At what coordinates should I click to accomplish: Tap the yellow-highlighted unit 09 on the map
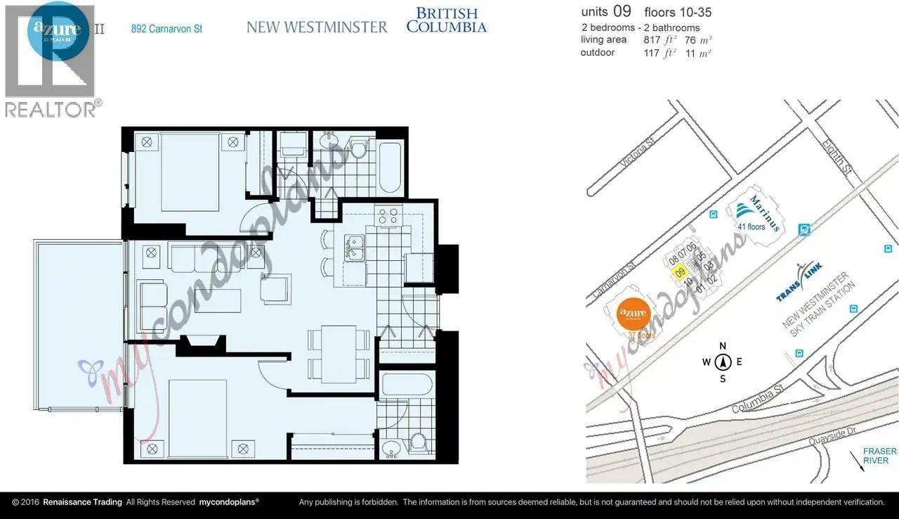(679, 274)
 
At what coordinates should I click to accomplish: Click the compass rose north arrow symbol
(723, 362)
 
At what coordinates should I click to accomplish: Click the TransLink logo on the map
(800, 282)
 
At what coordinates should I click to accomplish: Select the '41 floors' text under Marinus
(751, 226)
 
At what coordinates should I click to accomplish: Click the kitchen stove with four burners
(388, 216)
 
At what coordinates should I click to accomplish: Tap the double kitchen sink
(355, 247)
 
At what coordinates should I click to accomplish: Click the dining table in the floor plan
(339, 354)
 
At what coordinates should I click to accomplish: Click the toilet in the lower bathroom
(419, 443)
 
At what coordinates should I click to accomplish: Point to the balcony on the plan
(79, 323)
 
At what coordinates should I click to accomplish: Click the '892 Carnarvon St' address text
(166, 29)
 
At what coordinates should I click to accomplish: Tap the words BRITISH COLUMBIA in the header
(446, 20)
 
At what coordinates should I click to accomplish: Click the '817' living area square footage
(652, 40)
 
